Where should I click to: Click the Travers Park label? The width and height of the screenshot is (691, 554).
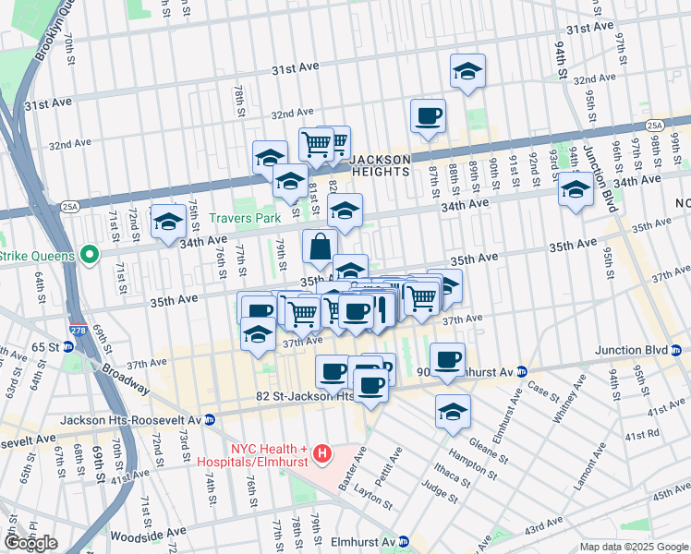244,220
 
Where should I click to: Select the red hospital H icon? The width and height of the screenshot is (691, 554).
321,453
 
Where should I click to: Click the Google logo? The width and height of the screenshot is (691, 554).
30,543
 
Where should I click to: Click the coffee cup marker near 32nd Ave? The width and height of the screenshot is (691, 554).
429,117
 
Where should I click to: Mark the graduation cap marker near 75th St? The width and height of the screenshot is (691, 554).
168,222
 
